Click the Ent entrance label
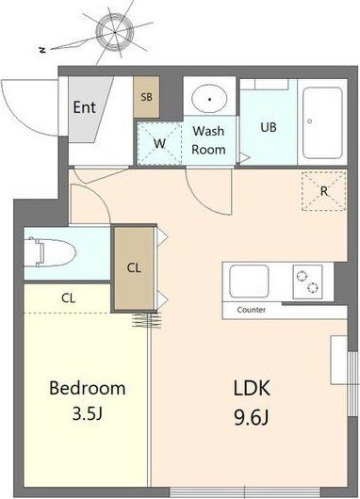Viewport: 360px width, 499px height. (x=84, y=107)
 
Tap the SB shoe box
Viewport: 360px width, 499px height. (x=147, y=97)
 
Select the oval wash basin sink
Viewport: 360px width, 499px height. (x=209, y=98)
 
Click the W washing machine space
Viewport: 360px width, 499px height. (x=159, y=143)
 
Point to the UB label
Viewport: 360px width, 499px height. (x=269, y=127)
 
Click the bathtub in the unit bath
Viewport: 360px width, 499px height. (x=322, y=122)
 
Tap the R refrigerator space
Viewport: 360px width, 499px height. (x=323, y=191)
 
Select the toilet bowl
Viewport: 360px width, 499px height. (x=51, y=252)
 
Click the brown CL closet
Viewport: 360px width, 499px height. (x=134, y=267)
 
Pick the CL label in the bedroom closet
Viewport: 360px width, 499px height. (x=69, y=298)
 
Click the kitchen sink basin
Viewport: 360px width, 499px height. (x=249, y=282)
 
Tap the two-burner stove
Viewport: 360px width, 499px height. (x=307, y=282)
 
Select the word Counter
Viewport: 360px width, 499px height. (x=251, y=310)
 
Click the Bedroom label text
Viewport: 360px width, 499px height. (x=88, y=388)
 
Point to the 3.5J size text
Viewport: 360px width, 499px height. (x=87, y=414)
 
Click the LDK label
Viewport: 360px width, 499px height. (x=252, y=388)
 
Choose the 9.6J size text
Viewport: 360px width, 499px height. (x=252, y=417)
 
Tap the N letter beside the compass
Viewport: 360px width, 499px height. (x=42, y=50)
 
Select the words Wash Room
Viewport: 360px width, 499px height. (x=208, y=140)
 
